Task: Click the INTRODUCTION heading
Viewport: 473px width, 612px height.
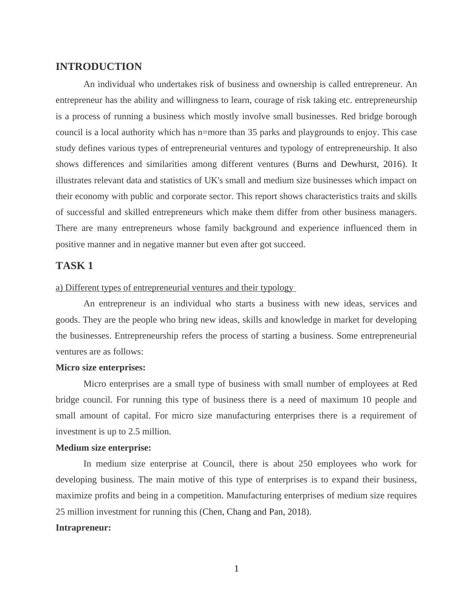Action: point(99,67)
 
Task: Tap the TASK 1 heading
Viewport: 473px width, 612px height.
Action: point(74,266)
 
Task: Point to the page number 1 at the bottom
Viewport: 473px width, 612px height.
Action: point(236,569)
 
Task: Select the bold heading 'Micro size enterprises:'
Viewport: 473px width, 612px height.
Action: point(101,368)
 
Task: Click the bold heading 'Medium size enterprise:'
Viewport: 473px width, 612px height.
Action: point(103,448)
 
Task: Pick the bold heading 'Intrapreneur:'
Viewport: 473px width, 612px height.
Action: point(83,528)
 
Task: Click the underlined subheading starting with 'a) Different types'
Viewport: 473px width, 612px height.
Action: point(175,288)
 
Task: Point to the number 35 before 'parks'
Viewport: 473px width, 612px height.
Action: point(252,132)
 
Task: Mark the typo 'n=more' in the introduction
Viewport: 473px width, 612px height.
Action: point(211,132)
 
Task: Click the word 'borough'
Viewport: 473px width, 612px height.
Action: point(402,116)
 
